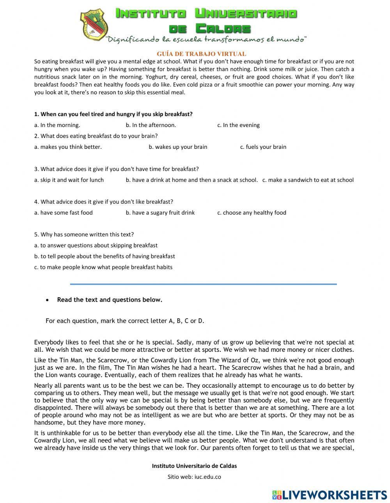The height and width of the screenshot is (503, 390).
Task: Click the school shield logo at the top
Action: click(x=94, y=24)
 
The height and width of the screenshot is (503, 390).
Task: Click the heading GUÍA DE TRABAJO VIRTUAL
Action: click(x=201, y=54)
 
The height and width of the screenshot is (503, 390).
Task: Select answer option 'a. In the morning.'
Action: click(x=57, y=125)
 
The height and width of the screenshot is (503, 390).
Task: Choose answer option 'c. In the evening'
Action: click(x=238, y=125)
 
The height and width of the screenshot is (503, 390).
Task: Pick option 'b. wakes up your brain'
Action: click(x=178, y=147)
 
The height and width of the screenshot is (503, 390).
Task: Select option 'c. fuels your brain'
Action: click(x=263, y=147)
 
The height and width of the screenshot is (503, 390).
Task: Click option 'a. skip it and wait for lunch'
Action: click(x=69, y=180)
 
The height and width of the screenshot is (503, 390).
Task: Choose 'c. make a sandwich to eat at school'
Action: click(x=308, y=180)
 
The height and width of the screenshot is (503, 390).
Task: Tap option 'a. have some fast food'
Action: click(x=64, y=212)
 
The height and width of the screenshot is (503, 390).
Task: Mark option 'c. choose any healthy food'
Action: click(x=252, y=212)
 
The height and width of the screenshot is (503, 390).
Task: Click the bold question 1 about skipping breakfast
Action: click(x=113, y=114)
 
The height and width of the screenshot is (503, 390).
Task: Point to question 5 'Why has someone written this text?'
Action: click(x=84, y=234)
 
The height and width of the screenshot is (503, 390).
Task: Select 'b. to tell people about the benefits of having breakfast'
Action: click(x=105, y=256)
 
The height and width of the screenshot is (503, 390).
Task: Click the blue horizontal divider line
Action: click(x=203, y=284)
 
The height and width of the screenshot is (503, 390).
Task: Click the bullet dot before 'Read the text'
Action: click(x=47, y=300)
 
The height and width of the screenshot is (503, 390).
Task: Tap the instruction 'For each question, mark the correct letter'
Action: click(x=125, y=321)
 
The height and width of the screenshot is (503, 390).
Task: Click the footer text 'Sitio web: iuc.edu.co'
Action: click(x=194, y=477)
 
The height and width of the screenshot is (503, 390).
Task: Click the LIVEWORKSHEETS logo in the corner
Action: click(x=329, y=495)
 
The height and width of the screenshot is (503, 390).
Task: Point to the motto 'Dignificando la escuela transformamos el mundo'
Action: click(x=206, y=39)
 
